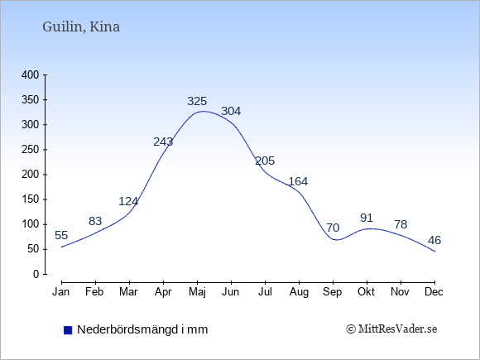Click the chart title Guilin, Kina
pos(81,27)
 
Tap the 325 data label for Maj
pos(197,101)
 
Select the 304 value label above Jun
pos(231,111)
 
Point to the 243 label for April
pos(163,142)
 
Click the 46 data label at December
pos(434,240)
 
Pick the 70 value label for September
pos(333,228)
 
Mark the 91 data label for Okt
pos(367,218)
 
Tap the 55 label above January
pos(61,235)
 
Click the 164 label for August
pos(298,181)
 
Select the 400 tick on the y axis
pos(31,74)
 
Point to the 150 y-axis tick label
pos(31,199)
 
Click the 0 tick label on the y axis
pos(36,274)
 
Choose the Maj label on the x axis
pos(198,292)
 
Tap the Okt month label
pos(366,292)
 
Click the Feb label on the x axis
pos(94,292)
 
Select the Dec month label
pos(434,292)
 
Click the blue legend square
pos(68,330)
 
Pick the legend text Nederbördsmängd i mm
pos(142,329)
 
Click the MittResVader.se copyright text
pos(391,329)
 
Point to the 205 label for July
pos(265,161)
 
